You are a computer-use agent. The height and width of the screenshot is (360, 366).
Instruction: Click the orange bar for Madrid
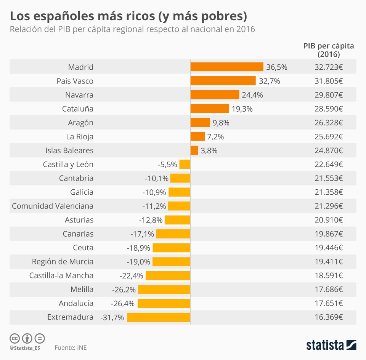point(227,67)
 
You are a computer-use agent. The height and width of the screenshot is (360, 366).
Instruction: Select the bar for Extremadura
point(159,317)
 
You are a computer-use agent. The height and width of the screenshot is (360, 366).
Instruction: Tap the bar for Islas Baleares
point(194,150)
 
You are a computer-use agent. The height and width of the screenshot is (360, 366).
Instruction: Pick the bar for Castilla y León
point(185,164)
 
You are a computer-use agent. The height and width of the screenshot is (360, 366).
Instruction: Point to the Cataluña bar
point(210,109)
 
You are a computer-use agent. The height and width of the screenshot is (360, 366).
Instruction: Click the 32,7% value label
point(270,81)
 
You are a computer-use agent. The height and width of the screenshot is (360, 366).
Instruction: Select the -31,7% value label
point(112,317)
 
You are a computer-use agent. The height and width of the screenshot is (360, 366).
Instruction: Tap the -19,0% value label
point(138,262)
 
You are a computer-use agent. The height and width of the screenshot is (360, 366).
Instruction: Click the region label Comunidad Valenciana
point(53,206)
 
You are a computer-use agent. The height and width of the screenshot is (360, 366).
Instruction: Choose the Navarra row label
point(79,95)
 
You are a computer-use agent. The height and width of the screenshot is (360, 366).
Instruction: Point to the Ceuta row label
point(83,248)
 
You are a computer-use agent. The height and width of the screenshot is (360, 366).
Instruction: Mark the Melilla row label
point(82,290)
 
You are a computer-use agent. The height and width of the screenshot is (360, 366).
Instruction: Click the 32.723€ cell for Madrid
point(329,67)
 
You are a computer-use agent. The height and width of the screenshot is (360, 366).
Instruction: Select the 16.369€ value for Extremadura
point(329,317)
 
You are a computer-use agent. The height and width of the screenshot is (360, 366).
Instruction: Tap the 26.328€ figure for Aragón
point(329,123)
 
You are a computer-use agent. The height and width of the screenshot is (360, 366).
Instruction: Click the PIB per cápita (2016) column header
point(329,50)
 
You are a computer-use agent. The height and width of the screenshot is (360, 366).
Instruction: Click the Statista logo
point(331,345)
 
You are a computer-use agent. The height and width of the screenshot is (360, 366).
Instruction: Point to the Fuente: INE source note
point(71,347)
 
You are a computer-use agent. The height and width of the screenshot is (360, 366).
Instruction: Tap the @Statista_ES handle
point(25,348)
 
